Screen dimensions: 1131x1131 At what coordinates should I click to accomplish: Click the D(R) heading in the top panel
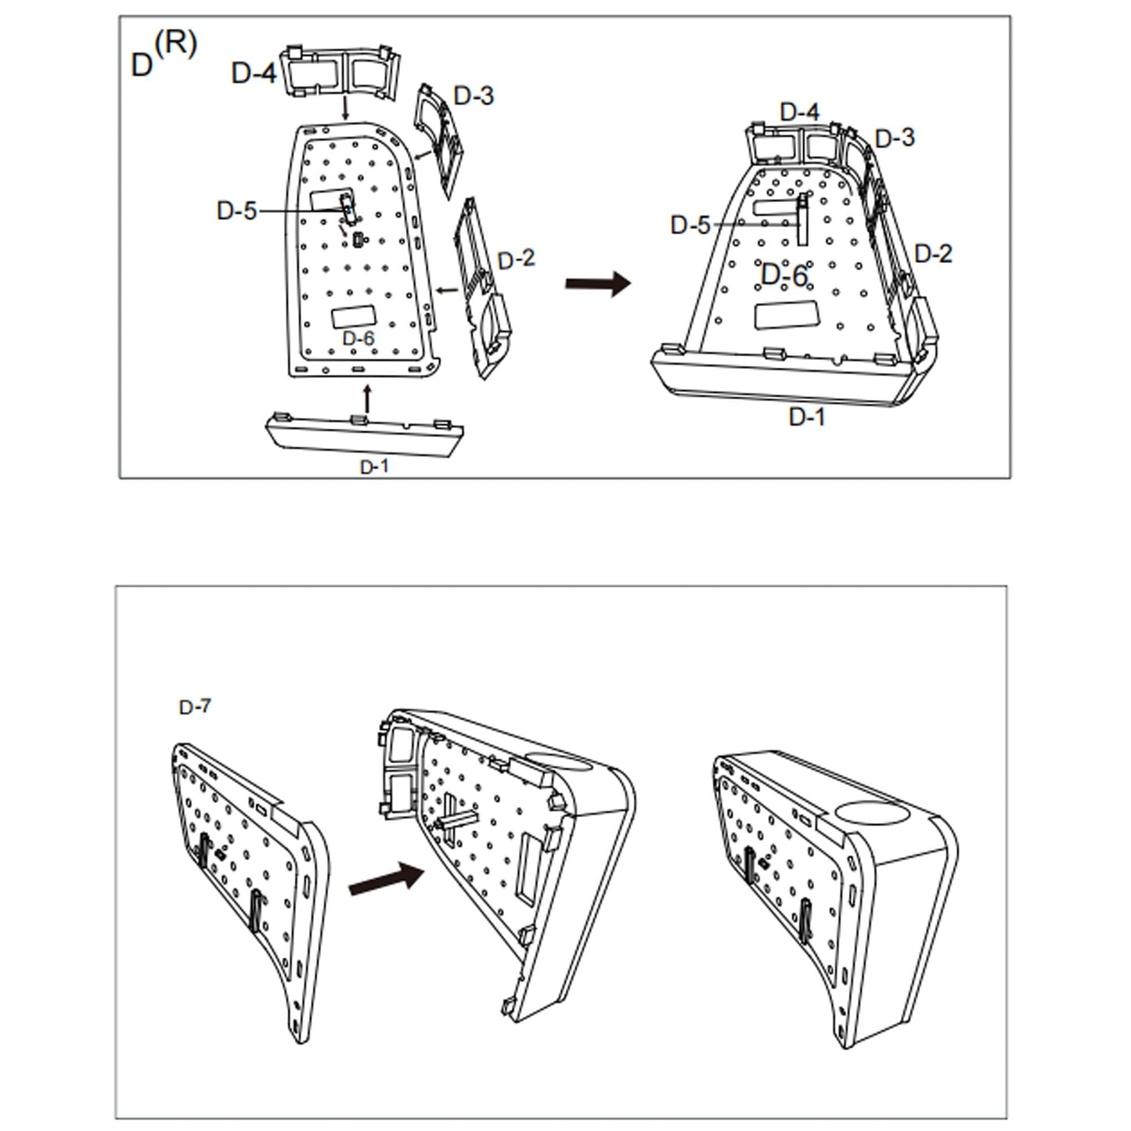coord(163,56)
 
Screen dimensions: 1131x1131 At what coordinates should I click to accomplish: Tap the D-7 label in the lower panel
coord(195,708)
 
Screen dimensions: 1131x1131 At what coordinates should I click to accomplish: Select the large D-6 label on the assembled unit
coord(783,276)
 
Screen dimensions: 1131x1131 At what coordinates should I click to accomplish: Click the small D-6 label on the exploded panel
coord(358,338)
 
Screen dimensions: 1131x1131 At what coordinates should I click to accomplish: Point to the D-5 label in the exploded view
coord(236,211)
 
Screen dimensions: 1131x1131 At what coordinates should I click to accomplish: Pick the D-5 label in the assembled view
coord(690,225)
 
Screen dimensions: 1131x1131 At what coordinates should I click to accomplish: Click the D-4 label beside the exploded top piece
coord(254,74)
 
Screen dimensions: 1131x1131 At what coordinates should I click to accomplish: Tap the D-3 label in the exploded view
coord(474,96)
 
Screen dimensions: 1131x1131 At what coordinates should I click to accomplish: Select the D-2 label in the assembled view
coord(933,254)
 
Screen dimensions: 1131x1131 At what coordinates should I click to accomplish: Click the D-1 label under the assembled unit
coord(807,417)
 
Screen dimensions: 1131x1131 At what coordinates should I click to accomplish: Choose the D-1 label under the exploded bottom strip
coord(373,466)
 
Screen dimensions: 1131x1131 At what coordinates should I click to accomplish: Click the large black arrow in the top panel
coord(597,283)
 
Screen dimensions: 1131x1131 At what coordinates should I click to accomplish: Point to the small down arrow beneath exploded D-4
coord(345,108)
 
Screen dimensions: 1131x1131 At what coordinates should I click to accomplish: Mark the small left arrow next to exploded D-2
coord(447,290)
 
